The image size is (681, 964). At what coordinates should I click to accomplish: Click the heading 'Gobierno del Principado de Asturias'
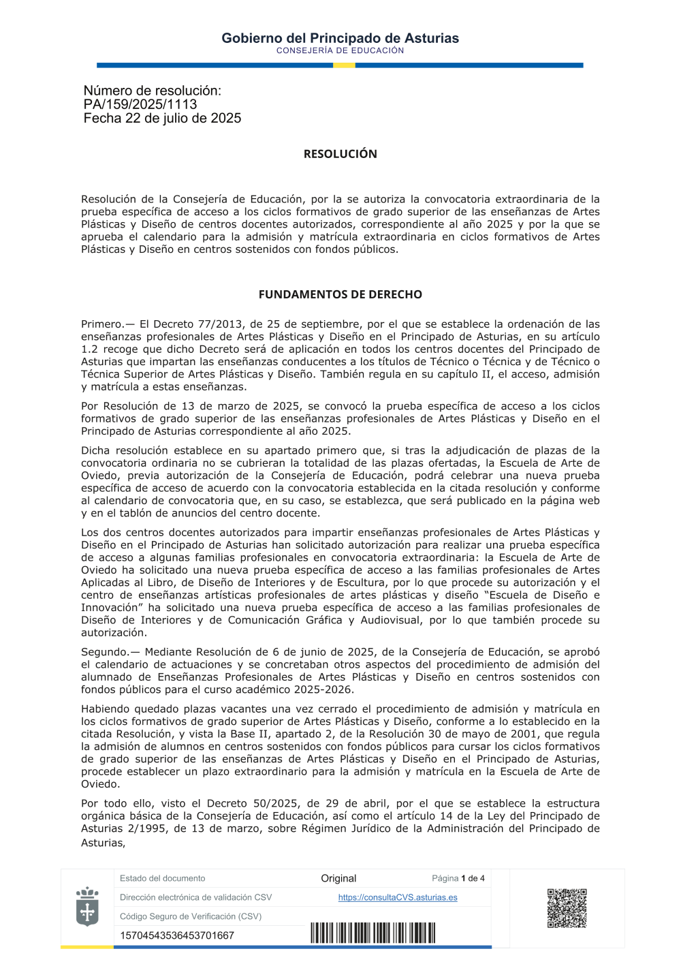[x=340, y=38]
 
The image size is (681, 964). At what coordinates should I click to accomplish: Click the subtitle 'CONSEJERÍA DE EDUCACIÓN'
[x=340, y=50]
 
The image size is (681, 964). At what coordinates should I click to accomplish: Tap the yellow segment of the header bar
[x=344, y=65]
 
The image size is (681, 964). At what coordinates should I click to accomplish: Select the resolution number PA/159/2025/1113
[x=140, y=104]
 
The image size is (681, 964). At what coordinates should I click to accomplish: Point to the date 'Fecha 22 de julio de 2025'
[x=162, y=119]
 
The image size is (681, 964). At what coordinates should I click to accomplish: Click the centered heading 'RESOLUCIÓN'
[x=340, y=154]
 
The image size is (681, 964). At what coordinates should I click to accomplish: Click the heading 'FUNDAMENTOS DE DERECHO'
[x=340, y=294]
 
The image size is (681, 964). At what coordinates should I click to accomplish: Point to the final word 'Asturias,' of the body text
[x=103, y=843]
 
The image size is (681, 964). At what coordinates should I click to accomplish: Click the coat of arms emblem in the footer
[x=87, y=907]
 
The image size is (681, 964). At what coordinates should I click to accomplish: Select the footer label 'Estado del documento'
[x=162, y=878]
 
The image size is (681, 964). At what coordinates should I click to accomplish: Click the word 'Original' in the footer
[x=338, y=878]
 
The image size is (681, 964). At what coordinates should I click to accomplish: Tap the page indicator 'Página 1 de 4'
[x=458, y=878]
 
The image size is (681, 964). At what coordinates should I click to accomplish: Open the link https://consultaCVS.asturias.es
[x=398, y=897]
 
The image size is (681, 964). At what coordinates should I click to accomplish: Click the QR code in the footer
[x=567, y=907]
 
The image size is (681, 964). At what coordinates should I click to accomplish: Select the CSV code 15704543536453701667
[x=177, y=935]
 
